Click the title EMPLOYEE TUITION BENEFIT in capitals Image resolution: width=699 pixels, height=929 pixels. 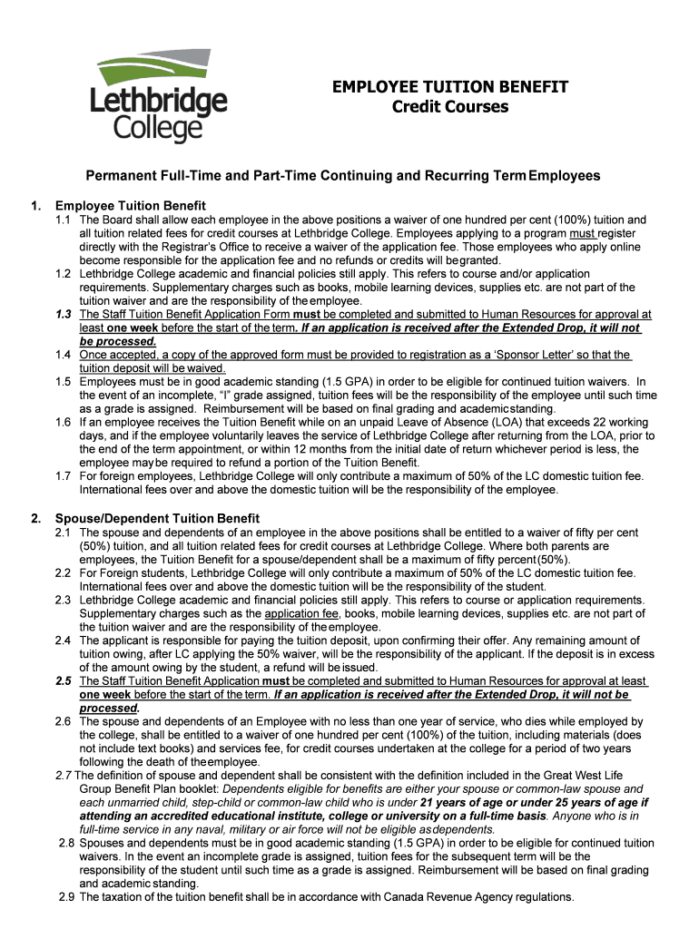[x=450, y=87]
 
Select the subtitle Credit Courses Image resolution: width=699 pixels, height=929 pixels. [x=450, y=108]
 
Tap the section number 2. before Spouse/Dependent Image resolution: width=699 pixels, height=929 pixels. [x=35, y=518]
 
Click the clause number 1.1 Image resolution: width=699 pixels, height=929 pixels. [x=64, y=220]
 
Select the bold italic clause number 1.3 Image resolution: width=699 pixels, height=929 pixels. [x=64, y=314]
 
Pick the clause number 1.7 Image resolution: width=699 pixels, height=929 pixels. [x=64, y=475]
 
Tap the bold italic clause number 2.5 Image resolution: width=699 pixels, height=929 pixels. [x=64, y=680]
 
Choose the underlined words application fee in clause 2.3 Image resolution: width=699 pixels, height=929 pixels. [x=297, y=613]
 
